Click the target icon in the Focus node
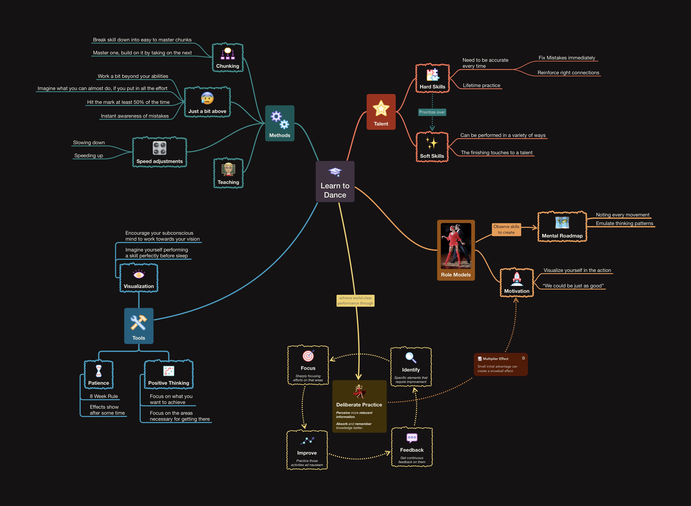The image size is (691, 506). pyautogui.click(x=308, y=356)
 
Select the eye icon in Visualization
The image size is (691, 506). pyautogui.click(x=139, y=274)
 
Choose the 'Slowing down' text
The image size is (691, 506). pyautogui.click(x=89, y=143)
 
